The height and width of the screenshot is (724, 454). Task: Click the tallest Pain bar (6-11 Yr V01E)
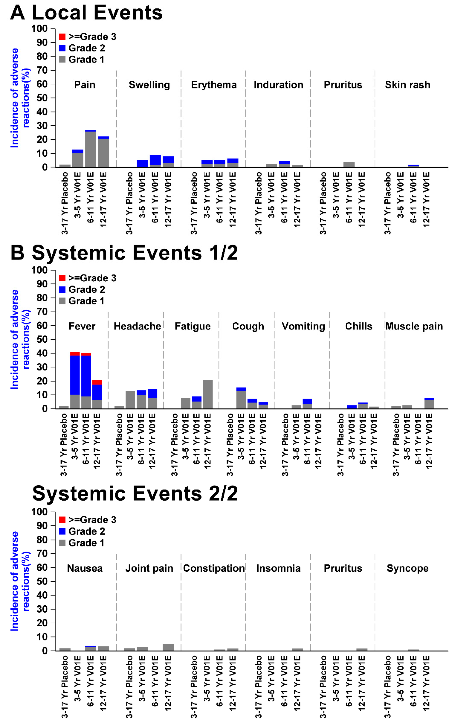(91, 149)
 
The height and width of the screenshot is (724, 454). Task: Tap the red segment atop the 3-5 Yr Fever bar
(75, 354)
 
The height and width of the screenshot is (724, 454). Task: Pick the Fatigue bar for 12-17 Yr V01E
(208, 394)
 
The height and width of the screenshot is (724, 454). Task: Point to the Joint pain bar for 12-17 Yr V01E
(168, 647)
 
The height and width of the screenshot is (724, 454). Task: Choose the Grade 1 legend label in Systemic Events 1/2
(87, 301)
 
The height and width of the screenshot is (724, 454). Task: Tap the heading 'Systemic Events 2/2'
(135, 493)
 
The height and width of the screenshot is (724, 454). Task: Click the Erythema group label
(214, 85)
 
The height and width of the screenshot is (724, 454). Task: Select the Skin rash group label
(408, 85)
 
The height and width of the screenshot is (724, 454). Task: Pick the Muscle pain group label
(414, 326)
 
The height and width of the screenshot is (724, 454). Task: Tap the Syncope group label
(408, 568)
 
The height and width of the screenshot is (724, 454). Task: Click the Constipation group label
(214, 568)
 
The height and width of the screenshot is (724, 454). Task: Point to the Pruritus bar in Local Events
(349, 165)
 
